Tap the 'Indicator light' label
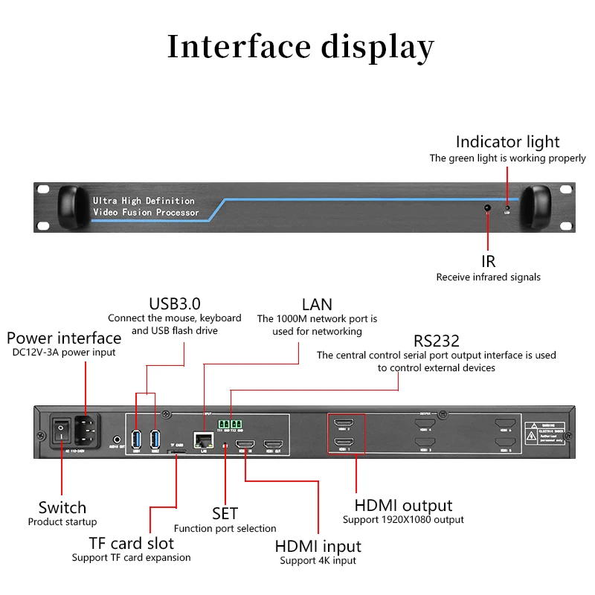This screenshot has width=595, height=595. [507, 141]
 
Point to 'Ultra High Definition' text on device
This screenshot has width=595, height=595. [144, 201]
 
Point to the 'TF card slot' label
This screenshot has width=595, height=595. [131, 543]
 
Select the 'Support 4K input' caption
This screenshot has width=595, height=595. [318, 561]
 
